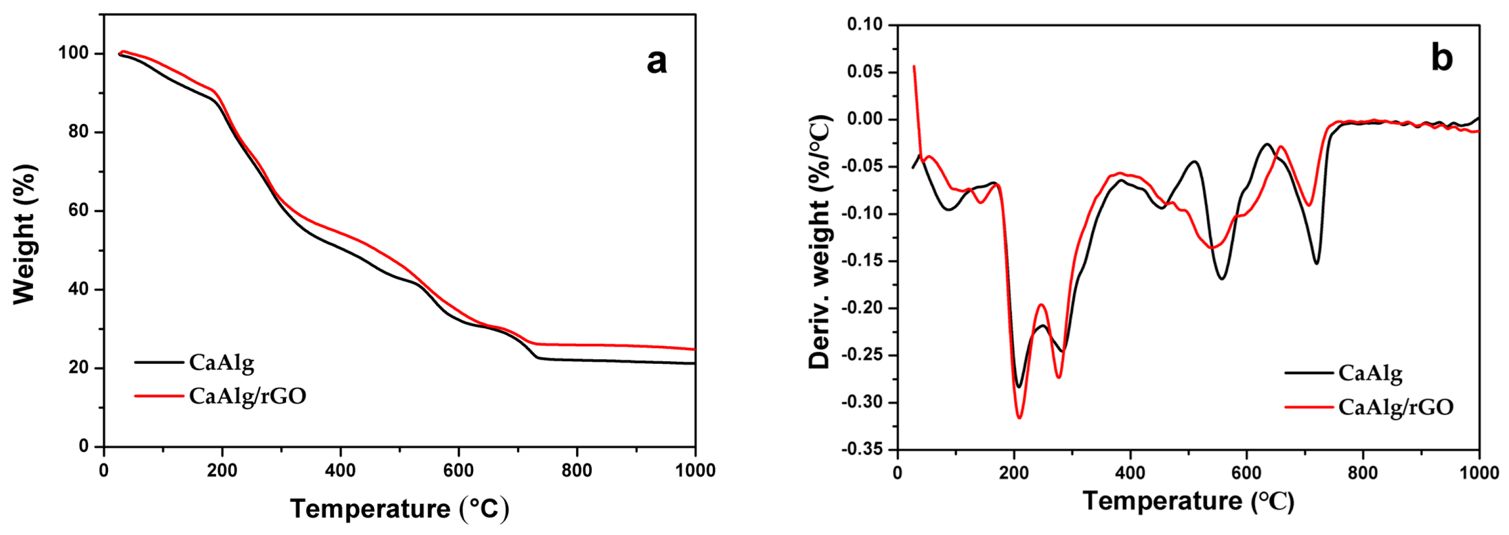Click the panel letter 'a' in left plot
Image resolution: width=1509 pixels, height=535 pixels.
click(656, 61)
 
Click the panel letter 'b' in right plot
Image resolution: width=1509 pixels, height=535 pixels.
click(1441, 58)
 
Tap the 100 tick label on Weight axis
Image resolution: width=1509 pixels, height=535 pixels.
click(73, 54)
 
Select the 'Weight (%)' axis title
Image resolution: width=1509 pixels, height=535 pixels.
click(25, 234)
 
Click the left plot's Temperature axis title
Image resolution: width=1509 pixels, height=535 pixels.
click(400, 508)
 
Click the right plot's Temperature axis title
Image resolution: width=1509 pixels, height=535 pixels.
click(1188, 500)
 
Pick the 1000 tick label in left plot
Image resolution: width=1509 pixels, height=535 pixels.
click(694, 470)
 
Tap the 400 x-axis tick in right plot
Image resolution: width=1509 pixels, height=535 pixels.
click(1130, 473)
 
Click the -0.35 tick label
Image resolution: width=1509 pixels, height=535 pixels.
click(861, 450)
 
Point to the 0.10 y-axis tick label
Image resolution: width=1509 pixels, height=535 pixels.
click(865, 25)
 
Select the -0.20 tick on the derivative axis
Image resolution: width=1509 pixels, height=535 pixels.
click(861, 308)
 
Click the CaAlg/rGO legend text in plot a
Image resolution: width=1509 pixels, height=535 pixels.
click(247, 397)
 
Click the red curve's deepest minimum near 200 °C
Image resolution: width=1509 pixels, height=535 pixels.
click(1020, 418)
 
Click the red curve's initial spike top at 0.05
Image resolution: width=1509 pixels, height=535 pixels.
click(914, 66)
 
